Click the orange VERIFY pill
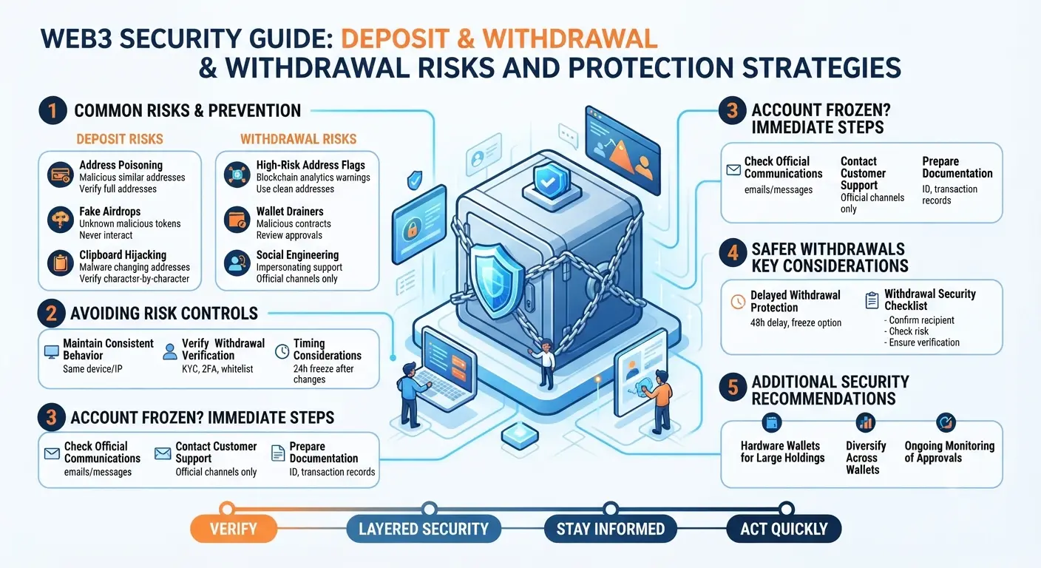[234, 529]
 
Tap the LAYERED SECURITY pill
[424, 529]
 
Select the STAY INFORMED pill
[610, 529]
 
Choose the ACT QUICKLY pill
[784, 529]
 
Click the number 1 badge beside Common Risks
[53, 110]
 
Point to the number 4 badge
[733, 253]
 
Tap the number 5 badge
[733, 387]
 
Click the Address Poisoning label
[121, 165]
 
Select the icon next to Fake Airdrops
[61, 220]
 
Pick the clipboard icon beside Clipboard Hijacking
[61, 263]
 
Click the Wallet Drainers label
[290, 212]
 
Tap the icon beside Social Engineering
[237, 263]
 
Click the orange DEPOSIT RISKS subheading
[120, 139]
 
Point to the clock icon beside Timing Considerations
[282, 351]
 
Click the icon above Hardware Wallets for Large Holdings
[772, 422]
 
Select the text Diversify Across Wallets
[866, 458]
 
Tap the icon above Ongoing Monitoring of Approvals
[946, 422]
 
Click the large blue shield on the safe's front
[496, 282]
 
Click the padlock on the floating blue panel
[412, 229]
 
